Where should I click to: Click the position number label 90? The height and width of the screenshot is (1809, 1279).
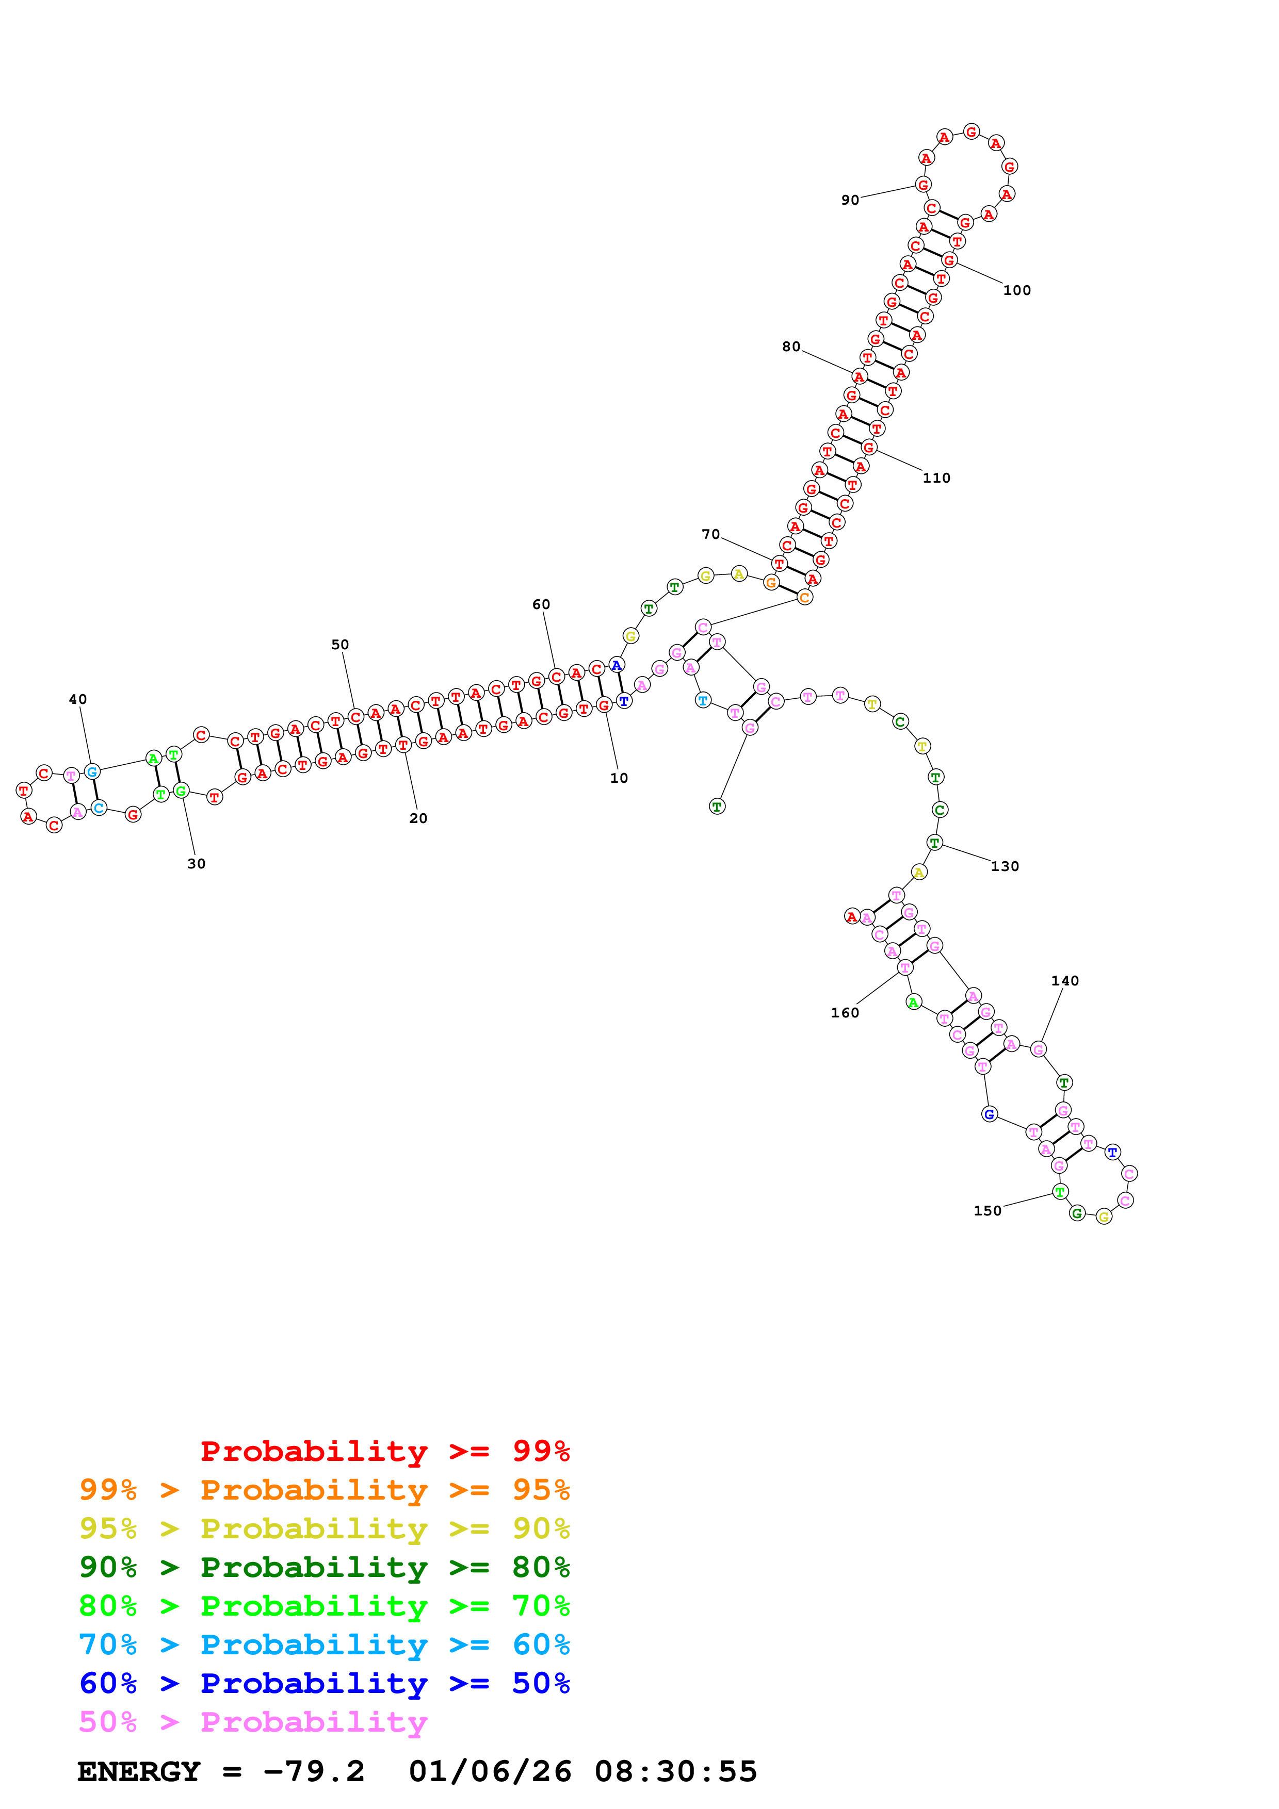tap(850, 200)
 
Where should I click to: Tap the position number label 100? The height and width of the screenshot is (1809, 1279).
tap(1016, 290)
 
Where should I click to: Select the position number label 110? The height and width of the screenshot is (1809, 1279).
tap(936, 478)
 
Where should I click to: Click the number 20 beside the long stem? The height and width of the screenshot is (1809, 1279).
tap(418, 818)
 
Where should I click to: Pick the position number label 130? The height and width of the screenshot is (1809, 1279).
tap(1005, 866)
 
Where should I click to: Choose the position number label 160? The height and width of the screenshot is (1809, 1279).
tap(845, 1012)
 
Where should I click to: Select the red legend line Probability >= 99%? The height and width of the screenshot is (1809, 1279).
tap(384, 1451)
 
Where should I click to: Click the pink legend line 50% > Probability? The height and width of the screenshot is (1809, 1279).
tap(252, 1721)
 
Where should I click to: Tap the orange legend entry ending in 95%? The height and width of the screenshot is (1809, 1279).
tap(325, 1489)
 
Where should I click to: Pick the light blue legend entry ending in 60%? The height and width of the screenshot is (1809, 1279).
tap(325, 1644)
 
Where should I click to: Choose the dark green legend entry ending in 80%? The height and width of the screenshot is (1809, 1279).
tap(325, 1567)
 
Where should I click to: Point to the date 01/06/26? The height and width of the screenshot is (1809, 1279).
tap(490, 1771)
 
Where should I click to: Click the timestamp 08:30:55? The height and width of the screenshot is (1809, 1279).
tap(675, 1771)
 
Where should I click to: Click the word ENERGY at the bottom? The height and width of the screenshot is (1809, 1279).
tap(139, 1771)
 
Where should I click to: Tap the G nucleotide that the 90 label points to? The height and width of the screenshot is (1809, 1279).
tap(923, 185)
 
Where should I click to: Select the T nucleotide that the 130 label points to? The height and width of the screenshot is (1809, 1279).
tap(934, 842)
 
